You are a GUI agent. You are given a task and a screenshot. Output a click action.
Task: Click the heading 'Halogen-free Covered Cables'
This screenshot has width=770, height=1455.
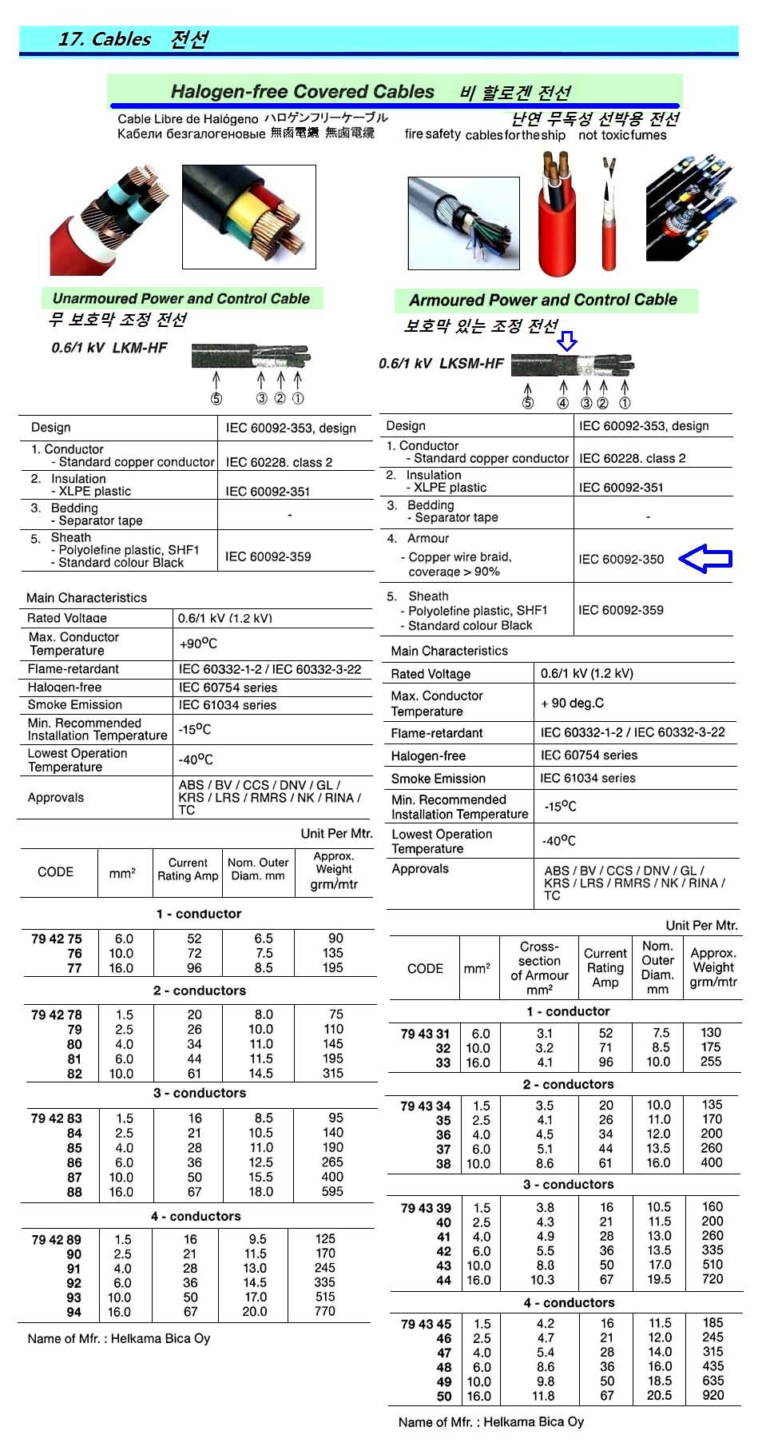point(302,92)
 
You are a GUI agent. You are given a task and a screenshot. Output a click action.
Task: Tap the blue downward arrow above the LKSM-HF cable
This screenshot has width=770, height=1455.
point(566,342)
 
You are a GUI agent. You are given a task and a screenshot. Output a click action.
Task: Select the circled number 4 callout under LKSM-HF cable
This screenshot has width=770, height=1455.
point(563,404)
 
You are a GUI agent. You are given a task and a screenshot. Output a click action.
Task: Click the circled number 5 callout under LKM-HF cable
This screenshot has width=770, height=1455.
point(216,399)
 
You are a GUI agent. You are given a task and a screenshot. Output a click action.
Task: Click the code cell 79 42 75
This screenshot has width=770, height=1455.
point(57,939)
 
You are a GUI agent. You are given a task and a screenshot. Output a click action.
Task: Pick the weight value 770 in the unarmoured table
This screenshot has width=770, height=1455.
point(325,1311)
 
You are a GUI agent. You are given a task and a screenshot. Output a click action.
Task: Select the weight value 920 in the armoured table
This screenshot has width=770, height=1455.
point(712,1395)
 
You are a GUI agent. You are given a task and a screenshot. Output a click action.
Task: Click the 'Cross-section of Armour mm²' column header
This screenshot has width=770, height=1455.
point(539,968)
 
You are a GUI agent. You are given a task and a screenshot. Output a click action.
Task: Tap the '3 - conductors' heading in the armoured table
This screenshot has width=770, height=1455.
point(568,1184)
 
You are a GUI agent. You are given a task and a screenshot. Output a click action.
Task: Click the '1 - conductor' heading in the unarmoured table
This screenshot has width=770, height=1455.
point(198,914)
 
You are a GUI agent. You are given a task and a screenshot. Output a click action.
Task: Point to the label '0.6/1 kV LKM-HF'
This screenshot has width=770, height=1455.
point(109,348)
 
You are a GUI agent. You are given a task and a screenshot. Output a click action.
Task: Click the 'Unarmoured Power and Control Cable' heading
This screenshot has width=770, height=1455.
point(181,299)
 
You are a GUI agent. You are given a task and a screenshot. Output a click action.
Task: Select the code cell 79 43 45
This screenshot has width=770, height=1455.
point(426,1324)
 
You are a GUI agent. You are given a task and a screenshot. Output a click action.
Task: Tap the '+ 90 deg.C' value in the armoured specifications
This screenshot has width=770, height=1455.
point(572,704)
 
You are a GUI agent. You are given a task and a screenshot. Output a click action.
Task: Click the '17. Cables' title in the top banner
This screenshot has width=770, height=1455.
point(105,39)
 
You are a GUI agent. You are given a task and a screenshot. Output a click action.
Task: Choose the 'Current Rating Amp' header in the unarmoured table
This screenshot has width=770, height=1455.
point(188,870)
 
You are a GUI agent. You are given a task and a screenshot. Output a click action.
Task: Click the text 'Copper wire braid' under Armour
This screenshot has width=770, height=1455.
point(459,557)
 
